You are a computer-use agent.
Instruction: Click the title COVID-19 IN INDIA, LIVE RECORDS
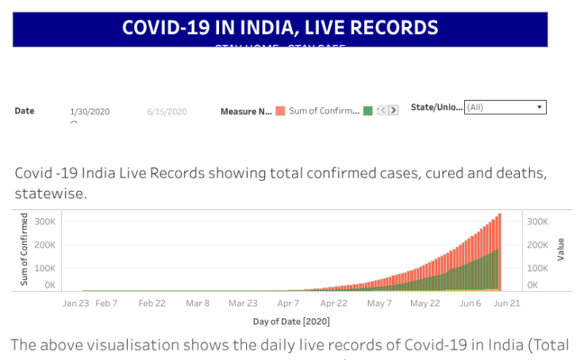(279, 28)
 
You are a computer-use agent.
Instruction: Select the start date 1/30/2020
(90, 112)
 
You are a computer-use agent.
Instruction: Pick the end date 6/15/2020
(167, 112)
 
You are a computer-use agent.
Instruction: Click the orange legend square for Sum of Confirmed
(280, 111)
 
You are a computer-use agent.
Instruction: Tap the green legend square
(367, 111)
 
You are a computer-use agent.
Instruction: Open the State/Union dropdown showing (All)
(500, 107)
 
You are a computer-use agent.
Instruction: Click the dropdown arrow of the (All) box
(540, 107)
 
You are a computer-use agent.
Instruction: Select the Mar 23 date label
(243, 304)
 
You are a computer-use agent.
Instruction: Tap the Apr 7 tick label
(289, 304)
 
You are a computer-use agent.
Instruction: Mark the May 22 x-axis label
(425, 304)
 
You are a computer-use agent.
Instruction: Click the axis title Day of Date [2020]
(291, 322)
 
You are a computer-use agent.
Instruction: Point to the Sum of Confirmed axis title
(25, 250)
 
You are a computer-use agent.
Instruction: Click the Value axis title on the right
(561, 250)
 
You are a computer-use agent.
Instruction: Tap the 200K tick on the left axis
(44, 245)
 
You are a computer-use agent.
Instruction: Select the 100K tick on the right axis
(537, 269)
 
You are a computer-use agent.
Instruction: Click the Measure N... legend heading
(246, 112)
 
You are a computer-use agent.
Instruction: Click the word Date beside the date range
(25, 111)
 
